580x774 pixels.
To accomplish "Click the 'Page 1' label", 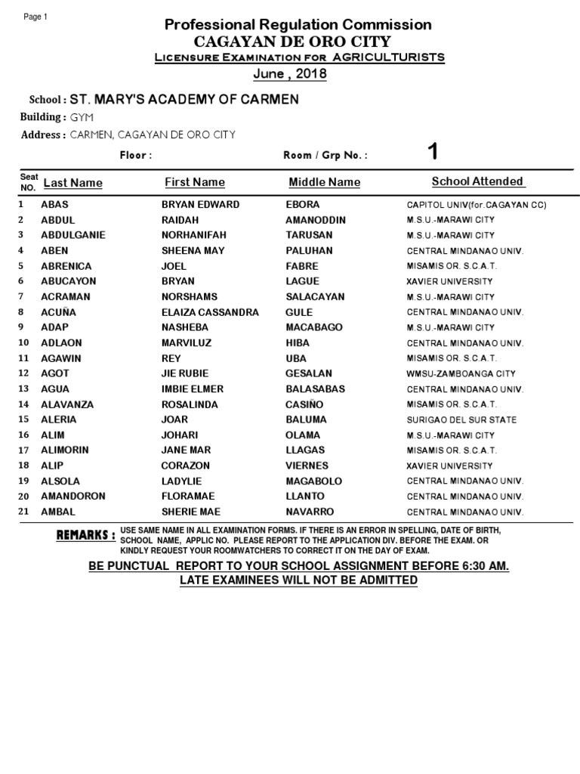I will coord(35,17).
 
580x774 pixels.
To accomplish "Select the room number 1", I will coord(433,153).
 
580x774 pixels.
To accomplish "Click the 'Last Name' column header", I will coord(72,183).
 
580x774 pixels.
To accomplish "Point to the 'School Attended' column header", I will coord(477,181).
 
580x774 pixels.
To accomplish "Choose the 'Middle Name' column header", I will coord(324,182).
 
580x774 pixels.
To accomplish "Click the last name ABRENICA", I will coord(66,266).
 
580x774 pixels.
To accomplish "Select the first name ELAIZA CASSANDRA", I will coord(210,312).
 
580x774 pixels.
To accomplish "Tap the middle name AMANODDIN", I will coord(316,220).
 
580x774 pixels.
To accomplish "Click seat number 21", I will coord(23,512).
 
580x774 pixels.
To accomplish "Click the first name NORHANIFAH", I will coord(194,235).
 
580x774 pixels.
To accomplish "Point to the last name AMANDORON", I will coord(73,497).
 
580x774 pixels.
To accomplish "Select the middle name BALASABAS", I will coord(316,389).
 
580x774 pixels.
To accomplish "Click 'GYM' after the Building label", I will coord(79,117).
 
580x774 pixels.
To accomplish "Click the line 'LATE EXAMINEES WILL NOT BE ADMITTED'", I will coord(298,580).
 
